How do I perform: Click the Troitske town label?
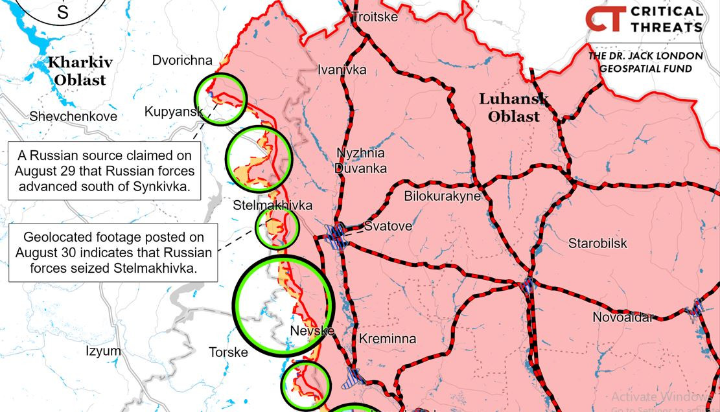tap(374, 17)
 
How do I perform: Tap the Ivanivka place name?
tap(342, 70)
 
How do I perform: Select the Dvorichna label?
tap(182, 60)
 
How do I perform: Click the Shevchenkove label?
tap(73, 117)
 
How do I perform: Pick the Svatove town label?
tap(388, 226)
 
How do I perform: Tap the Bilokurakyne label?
tap(442, 196)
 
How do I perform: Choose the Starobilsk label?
tap(598, 244)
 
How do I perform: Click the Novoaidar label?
tap(623, 317)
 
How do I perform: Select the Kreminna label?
tap(387, 339)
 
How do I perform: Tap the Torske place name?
tap(228, 352)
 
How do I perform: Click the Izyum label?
tap(103, 351)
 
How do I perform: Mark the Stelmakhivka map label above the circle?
tap(272, 205)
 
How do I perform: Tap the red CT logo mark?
tap(605, 19)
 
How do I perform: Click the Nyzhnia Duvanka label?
tap(360, 161)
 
